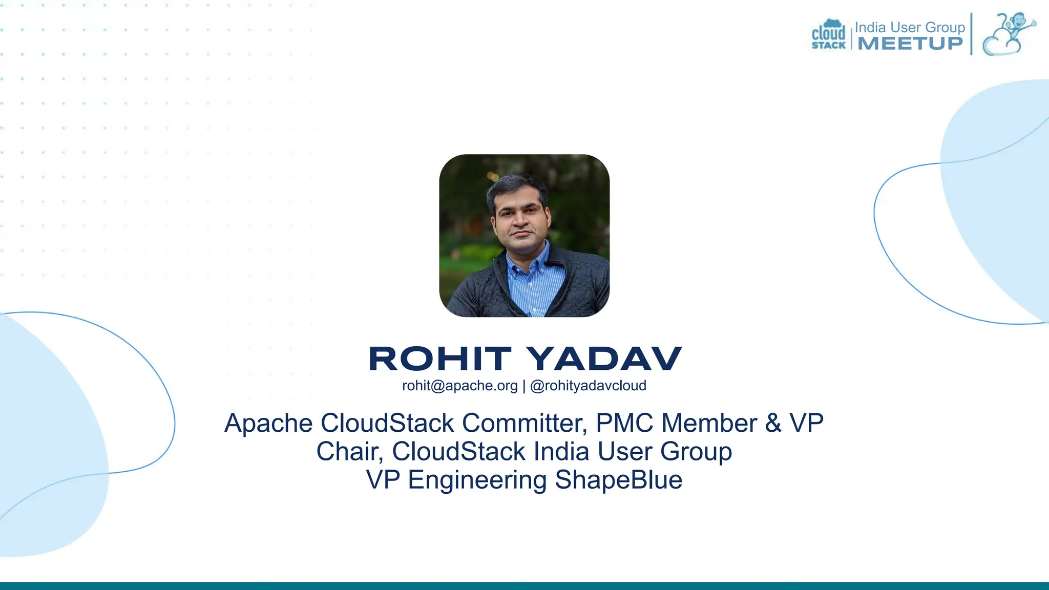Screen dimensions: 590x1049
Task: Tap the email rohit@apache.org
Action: (x=459, y=386)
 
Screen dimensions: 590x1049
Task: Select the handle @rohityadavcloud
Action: (x=588, y=386)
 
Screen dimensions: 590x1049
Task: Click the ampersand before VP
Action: (x=773, y=424)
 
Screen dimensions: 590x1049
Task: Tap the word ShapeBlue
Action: (x=619, y=480)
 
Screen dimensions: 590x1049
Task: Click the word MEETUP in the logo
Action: (x=910, y=44)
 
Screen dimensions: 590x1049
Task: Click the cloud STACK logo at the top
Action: (x=828, y=35)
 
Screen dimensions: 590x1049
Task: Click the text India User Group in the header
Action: (x=910, y=27)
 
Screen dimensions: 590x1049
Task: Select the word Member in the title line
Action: (x=709, y=424)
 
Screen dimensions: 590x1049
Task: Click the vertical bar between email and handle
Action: (x=524, y=386)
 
